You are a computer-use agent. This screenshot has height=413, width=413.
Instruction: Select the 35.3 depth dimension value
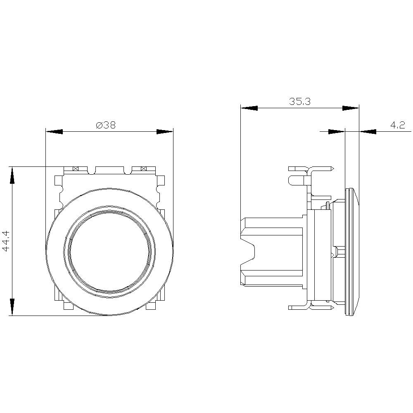(299, 102)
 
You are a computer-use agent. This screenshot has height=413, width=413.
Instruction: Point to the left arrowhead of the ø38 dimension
(54, 132)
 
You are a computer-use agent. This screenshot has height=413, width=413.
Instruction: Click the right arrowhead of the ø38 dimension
(164, 132)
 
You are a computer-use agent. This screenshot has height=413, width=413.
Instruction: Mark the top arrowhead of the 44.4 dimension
(12, 175)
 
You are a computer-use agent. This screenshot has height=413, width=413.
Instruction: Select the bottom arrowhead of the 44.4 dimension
(12, 307)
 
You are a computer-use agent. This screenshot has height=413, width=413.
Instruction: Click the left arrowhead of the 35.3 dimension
(249, 108)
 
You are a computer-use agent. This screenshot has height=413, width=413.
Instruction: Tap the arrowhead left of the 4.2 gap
(336, 132)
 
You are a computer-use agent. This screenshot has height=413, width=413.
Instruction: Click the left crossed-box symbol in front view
(75, 169)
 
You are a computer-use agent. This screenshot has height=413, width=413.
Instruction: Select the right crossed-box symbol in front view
(143, 169)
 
